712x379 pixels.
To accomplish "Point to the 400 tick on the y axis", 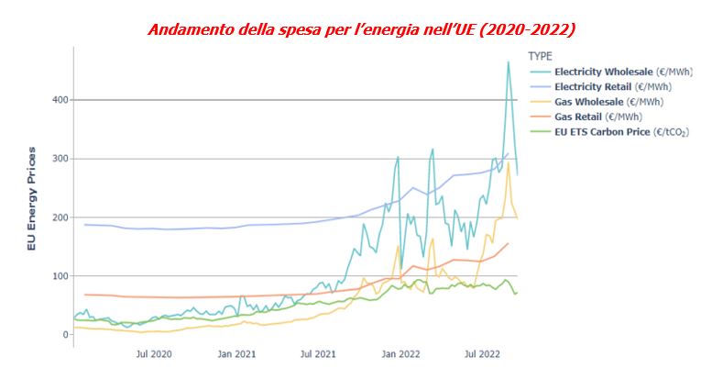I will point(56,99).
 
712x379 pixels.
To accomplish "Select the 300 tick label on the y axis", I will point(56,159).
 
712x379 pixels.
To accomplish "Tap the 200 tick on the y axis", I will point(56,217).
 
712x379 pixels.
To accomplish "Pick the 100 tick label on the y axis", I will point(56,276).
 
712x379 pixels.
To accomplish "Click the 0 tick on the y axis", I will point(63,335).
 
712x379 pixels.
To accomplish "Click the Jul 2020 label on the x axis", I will point(154,352).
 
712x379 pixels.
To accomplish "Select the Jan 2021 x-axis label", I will point(236,352).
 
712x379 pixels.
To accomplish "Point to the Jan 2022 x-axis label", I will point(401,352).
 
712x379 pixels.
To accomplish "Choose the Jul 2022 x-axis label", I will point(483,352).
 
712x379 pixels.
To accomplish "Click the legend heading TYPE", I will point(542,56).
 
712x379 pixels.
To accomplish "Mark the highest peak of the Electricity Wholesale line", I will point(509,61).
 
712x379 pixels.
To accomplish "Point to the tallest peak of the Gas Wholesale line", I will point(508,163).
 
